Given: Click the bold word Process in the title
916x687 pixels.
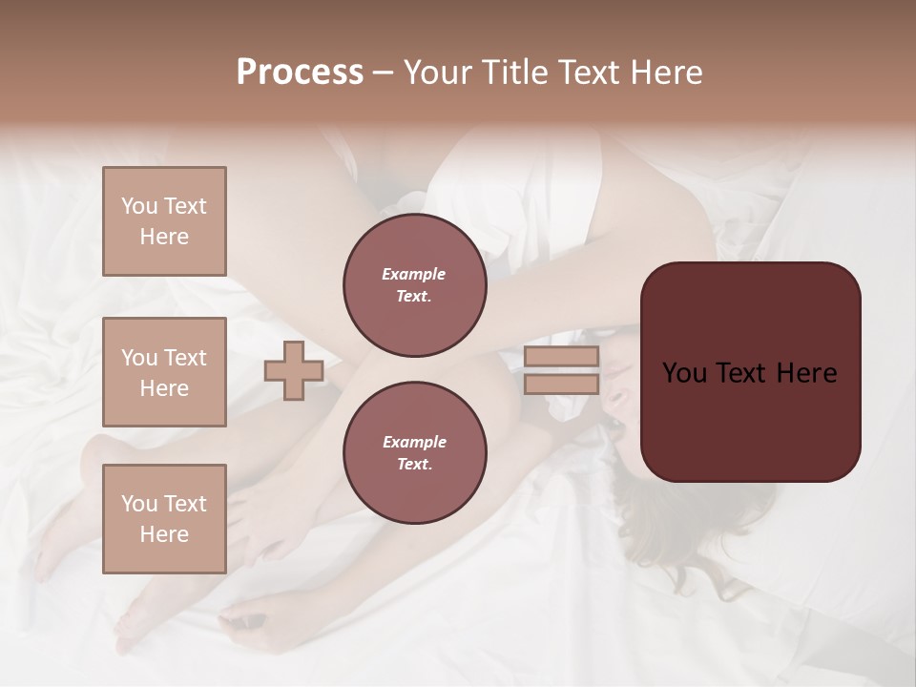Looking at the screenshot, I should pyautogui.click(x=300, y=73).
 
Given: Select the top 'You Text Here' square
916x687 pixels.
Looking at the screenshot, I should pyautogui.click(x=164, y=221).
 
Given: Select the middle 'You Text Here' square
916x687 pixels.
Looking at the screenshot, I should pyautogui.click(x=164, y=372).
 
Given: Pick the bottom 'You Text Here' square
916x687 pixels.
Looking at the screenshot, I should pyautogui.click(x=164, y=518).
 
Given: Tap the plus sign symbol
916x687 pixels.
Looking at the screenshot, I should pyautogui.click(x=294, y=371).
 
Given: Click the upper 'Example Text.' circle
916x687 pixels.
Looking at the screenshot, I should pyautogui.click(x=414, y=285).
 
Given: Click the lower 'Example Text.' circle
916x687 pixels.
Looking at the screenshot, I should pyautogui.click(x=414, y=453).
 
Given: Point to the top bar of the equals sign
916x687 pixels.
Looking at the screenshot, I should pyautogui.click(x=561, y=357).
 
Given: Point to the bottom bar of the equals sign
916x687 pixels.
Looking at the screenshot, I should pyautogui.click(x=561, y=384).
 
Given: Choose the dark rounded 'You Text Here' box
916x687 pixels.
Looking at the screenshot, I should pyautogui.click(x=750, y=371).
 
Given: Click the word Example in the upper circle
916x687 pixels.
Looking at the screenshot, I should pyautogui.click(x=414, y=274).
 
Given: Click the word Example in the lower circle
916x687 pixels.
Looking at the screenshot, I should pyautogui.click(x=414, y=442).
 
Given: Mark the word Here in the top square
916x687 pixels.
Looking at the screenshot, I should pyautogui.click(x=164, y=237).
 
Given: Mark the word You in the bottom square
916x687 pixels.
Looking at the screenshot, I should pyautogui.click(x=138, y=503).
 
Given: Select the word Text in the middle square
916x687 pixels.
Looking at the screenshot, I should pyautogui.click(x=184, y=358).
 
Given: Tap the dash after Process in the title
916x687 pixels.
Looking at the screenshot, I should pyautogui.click(x=383, y=73).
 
